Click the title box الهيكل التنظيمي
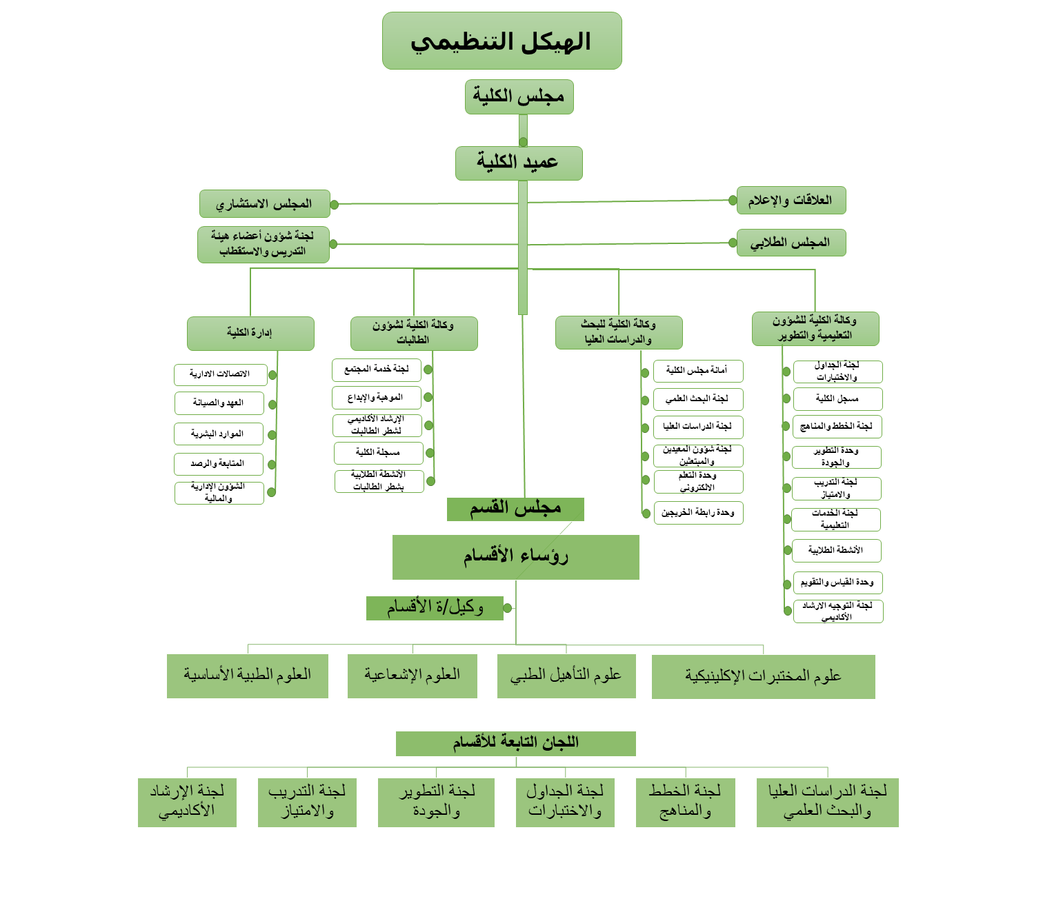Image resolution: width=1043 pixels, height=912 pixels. (501, 41)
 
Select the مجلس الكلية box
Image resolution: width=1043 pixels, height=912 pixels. (519, 97)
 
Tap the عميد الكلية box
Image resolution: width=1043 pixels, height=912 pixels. (519, 163)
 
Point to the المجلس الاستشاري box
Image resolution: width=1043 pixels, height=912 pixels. (264, 204)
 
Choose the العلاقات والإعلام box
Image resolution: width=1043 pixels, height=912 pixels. (791, 201)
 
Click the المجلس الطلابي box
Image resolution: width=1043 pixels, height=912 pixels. (791, 243)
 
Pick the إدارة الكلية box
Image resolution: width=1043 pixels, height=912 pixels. (250, 334)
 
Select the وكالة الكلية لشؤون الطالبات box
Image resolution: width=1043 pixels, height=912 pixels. (414, 334)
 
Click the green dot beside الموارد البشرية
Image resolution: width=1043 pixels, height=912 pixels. (272, 435)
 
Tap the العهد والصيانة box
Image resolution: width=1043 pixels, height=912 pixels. (219, 403)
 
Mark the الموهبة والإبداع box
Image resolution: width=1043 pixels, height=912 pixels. (376, 398)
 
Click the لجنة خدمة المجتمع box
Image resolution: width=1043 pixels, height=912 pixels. (376, 369)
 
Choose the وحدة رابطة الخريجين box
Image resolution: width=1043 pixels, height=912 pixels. (698, 513)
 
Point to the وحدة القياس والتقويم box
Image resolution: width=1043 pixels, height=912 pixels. (837, 582)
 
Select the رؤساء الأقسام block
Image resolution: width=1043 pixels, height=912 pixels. (515, 557)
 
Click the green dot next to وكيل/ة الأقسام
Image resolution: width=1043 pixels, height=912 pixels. (508, 608)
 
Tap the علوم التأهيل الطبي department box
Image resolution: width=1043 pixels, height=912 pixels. (566, 676)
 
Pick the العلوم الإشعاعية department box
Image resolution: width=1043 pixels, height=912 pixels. (412, 676)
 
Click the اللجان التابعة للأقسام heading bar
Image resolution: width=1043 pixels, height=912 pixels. (515, 743)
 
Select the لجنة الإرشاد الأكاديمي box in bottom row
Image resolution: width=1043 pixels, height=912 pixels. (187, 802)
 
